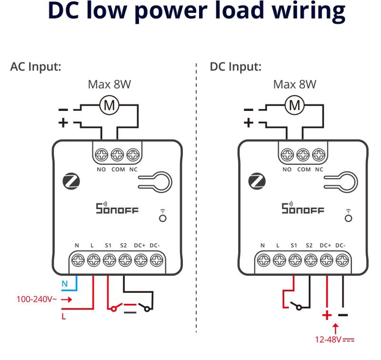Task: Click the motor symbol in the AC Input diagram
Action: (x=110, y=105)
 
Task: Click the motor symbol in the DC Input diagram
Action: (x=294, y=105)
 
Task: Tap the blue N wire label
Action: (x=65, y=284)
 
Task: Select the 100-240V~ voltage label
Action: (x=37, y=299)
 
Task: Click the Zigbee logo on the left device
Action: (x=71, y=181)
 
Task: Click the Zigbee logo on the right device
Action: (x=257, y=181)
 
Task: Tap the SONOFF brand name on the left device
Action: (x=117, y=208)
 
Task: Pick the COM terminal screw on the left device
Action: (x=117, y=155)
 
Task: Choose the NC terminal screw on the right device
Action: (x=319, y=155)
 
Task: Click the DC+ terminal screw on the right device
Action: (x=326, y=260)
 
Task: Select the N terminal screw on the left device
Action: (x=78, y=260)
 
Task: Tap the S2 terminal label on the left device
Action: (x=123, y=246)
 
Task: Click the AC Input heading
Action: (x=36, y=67)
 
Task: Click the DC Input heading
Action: (x=235, y=67)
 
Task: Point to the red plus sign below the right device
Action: (x=327, y=315)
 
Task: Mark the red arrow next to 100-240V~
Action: (x=66, y=300)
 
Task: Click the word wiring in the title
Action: (x=308, y=11)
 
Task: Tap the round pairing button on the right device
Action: (x=348, y=219)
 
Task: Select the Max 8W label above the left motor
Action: (x=110, y=85)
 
